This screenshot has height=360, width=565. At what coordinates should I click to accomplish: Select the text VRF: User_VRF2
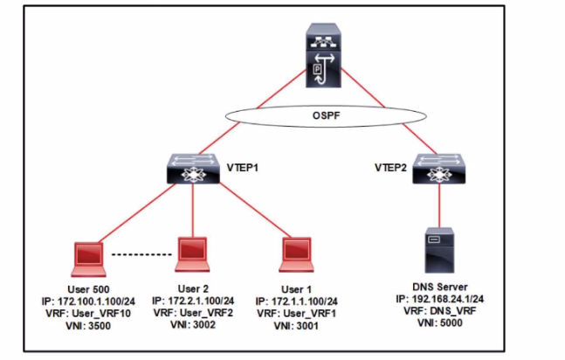194,312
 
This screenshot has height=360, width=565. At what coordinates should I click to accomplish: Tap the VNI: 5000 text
441,321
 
